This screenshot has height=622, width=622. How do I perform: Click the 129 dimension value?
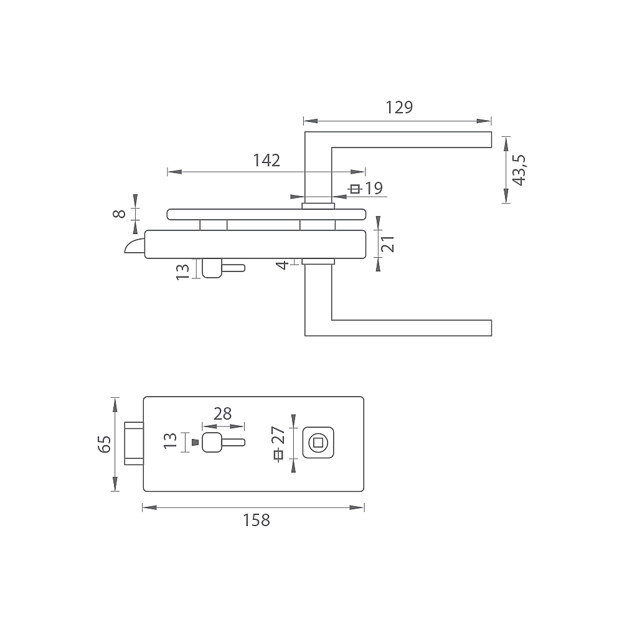pyautogui.click(x=399, y=108)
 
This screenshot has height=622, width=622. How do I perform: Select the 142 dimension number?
pyautogui.click(x=266, y=160)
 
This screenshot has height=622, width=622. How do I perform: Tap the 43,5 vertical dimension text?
pyautogui.click(x=519, y=170)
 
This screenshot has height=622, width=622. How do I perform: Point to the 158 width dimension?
pyautogui.click(x=257, y=520)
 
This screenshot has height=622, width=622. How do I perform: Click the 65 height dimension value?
pyautogui.click(x=105, y=445)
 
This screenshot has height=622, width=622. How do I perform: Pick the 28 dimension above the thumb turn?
pyautogui.click(x=222, y=414)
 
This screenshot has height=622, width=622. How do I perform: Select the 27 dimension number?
pyautogui.click(x=279, y=435)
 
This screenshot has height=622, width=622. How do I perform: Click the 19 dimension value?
pyautogui.click(x=374, y=189)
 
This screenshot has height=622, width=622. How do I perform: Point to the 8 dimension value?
pyautogui.click(x=120, y=214)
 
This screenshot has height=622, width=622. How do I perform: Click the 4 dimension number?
pyautogui.click(x=283, y=265)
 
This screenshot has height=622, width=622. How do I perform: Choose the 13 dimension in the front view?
pyautogui.click(x=170, y=441)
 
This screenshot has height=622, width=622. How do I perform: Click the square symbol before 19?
pyautogui.click(x=356, y=189)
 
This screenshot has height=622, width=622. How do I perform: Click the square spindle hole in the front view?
pyautogui.click(x=318, y=443)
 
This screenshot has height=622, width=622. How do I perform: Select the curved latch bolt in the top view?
pyautogui.click(x=134, y=246)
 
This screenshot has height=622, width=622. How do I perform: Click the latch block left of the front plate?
pyautogui.click(x=134, y=443)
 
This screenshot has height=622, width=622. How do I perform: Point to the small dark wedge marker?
pyautogui.click(x=195, y=442)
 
